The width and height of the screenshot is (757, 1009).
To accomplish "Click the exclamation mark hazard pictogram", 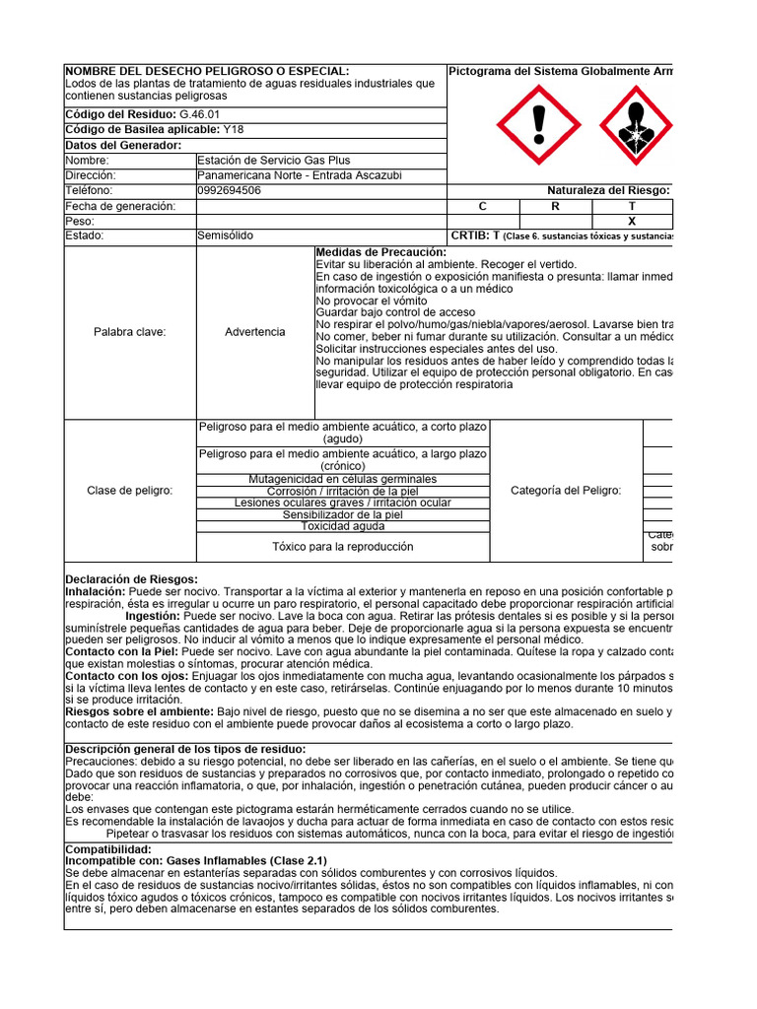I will pyautogui.click(x=537, y=125).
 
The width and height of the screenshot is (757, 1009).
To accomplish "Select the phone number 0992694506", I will pyautogui.click(x=230, y=190).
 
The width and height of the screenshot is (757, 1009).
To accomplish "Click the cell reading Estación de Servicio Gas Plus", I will pyautogui.click(x=274, y=161).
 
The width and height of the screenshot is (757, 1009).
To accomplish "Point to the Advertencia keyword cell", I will pyautogui.click(x=255, y=332).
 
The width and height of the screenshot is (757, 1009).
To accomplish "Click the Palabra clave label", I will pyautogui.click(x=130, y=332).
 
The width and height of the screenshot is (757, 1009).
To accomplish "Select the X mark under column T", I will pyautogui.click(x=632, y=222).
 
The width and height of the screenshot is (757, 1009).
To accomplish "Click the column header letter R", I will pyautogui.click(x=555, y=206).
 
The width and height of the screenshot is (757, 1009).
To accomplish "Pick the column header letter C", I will pyautogui.click(x=483, y=206).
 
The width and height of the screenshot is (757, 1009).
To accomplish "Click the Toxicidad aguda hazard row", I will pyautogui.click(x=343, y=526).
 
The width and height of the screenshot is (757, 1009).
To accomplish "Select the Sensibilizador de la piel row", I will pyautogui.click(x=343, y=514).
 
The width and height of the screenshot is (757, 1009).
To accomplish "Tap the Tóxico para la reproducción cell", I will pyautogui.click(x=343, y=547).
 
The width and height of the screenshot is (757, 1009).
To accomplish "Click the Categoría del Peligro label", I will pyautogui.click(x=566, y=491).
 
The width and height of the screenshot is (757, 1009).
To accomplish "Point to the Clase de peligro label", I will pyautogui.click(x=130, y=491).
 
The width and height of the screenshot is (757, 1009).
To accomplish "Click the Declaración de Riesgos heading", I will pyautogui.click(x=132, y=578).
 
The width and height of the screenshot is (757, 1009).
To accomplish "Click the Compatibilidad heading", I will pyautogui.click(x=108, y=848).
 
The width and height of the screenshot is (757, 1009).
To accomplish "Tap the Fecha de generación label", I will pyautogui.click(x=120, y=206).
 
